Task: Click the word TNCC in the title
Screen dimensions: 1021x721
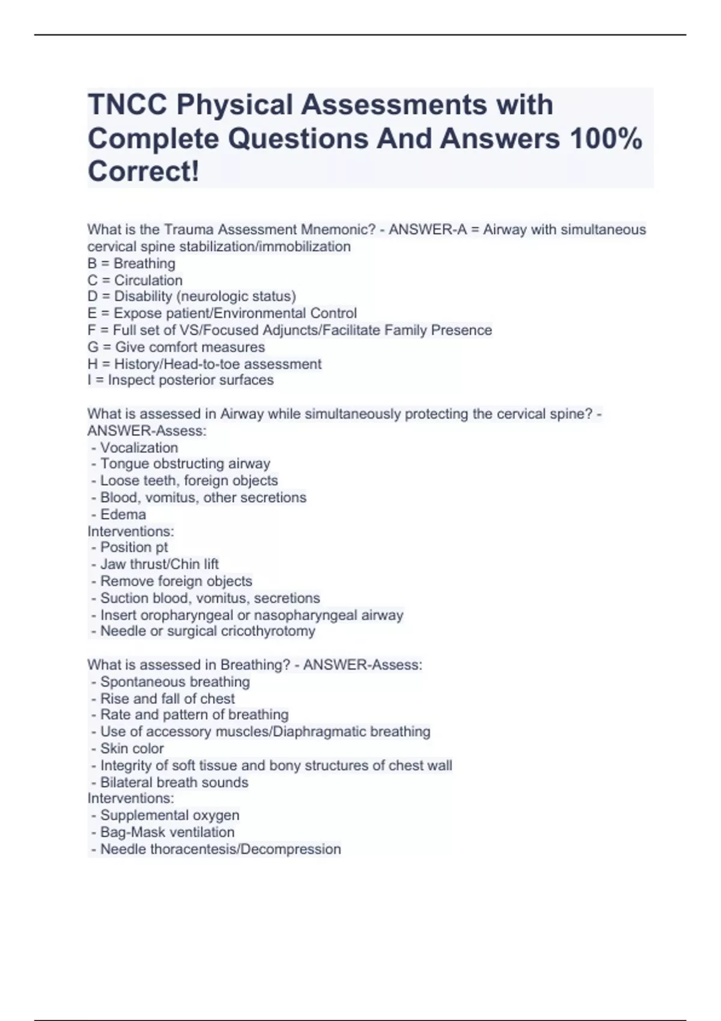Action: coord(127,105)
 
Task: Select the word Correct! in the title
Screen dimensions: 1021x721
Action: coord(143,172)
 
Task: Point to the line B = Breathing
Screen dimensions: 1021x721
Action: coord(132,264)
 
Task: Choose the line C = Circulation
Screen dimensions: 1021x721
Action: coord(135,280)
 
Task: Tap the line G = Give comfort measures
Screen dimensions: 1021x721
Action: coord(176,347)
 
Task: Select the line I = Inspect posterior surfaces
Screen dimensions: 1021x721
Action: coord(180,380)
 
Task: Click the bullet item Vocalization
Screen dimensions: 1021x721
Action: coord(139,447)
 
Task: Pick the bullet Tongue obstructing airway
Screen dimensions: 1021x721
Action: coord(185,464)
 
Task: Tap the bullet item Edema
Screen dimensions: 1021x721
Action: coord(123,514)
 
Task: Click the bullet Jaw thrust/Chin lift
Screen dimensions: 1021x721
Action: coord(159,564)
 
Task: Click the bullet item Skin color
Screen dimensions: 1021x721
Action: coord(132,748)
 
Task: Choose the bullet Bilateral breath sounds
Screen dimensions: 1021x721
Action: coord(174,782)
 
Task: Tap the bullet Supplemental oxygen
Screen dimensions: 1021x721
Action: coord(169,815)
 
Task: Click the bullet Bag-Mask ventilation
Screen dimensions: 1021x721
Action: coord(167,832)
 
